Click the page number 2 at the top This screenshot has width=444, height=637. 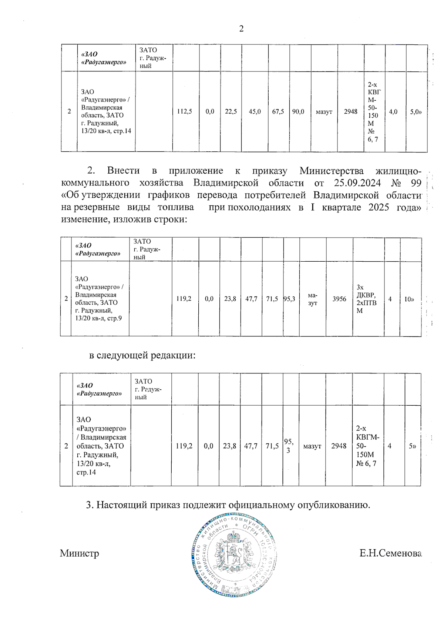[241, 29]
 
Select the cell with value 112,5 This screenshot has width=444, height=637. [184, 111]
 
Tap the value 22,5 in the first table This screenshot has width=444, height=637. [231, 111]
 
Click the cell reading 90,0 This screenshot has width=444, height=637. [298, 111]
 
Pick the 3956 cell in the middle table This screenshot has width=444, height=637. [339, 299]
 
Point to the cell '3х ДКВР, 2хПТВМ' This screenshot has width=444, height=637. [366, 299]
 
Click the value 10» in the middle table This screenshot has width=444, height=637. [409, 299]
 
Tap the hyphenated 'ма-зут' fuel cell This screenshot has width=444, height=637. [313, 299]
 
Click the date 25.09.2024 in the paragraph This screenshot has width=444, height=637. [357, 183]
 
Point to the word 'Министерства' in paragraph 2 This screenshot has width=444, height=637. [332, 171]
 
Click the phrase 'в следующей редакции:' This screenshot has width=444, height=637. [142, 355]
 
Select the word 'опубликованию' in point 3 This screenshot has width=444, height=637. [334, 505]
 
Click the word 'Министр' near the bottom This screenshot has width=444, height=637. [80, 553]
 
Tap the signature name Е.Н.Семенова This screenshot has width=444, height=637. [390, 553]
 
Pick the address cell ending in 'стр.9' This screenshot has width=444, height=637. [99, 298]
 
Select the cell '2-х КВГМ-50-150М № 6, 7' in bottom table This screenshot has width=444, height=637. [368, 446]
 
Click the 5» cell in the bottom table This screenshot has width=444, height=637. [412, 446]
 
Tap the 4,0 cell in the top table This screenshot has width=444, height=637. [393, 111]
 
